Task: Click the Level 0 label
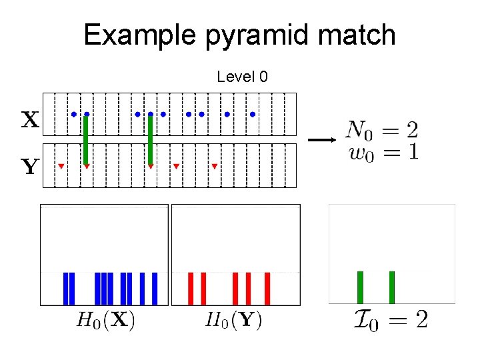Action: point(242,77)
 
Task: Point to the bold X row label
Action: point(30,120)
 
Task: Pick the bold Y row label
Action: point(30,167)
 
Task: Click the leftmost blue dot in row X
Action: point(74,114)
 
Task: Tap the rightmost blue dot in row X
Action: point(253,114)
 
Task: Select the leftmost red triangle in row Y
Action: point(61,165)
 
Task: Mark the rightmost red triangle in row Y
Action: point(215,165)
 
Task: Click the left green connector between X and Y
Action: point(86,140)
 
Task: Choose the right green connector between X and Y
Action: point(151,140)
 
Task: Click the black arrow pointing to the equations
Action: point(320,140)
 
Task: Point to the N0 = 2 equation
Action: point(381,129)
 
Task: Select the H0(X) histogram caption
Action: point(106,321)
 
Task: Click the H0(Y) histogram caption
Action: point(233,321)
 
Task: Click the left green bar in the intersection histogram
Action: point(360,287)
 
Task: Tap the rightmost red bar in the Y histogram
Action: point(267,288)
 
